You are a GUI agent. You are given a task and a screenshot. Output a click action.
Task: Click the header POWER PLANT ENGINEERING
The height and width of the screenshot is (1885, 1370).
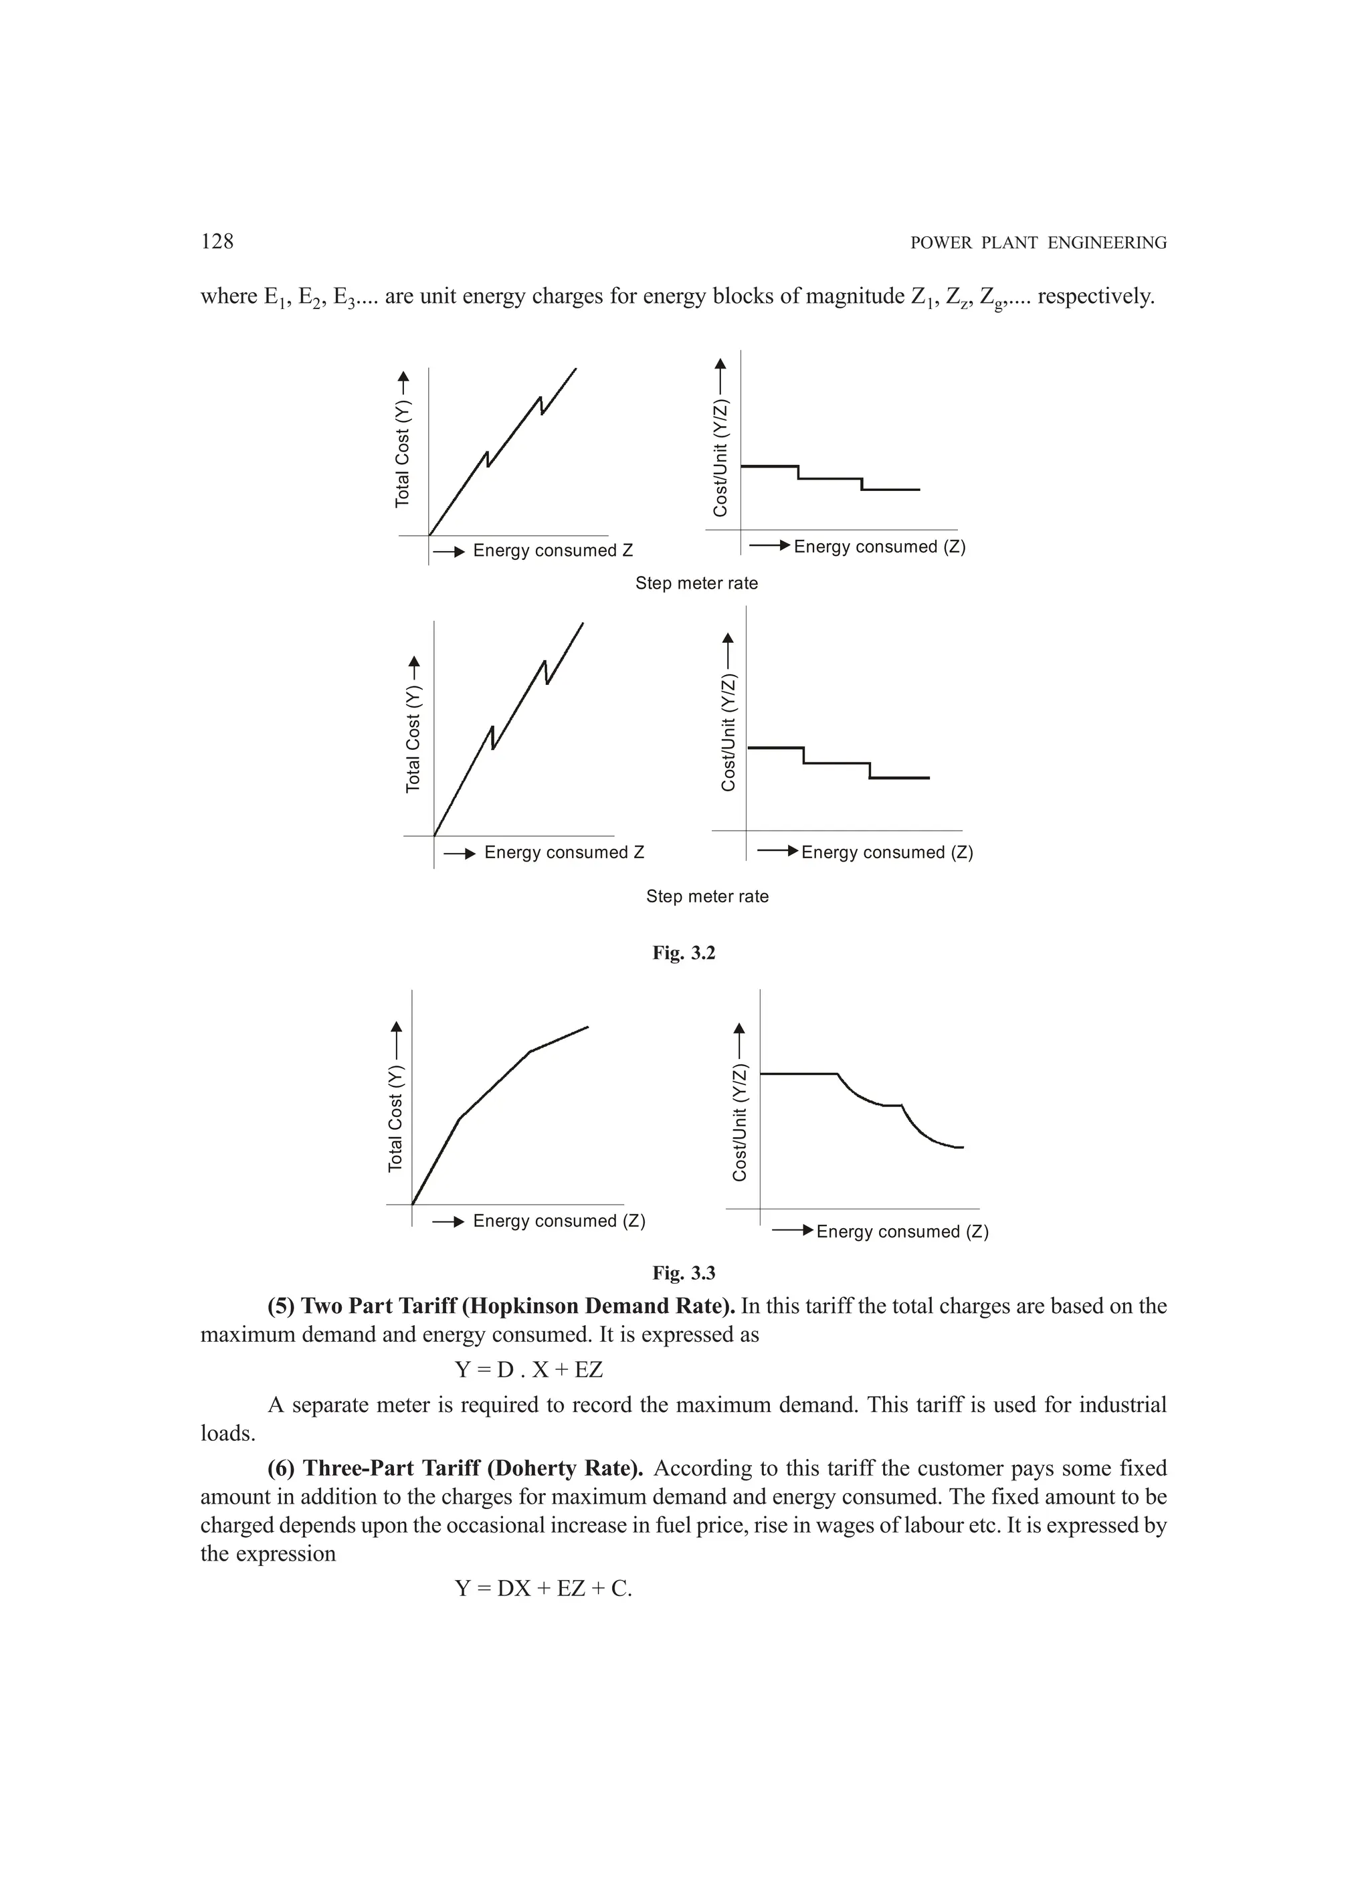pos(1038,243)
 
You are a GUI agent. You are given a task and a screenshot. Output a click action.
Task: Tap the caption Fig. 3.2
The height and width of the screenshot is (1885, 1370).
pos(684,953)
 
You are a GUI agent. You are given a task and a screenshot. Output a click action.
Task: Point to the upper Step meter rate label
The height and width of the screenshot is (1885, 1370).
pos(696,583)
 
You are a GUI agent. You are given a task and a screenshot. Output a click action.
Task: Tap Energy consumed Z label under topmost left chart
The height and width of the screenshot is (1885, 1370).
pos(553,551)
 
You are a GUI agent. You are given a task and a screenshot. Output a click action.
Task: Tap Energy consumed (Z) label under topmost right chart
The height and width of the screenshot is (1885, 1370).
pos(880,547)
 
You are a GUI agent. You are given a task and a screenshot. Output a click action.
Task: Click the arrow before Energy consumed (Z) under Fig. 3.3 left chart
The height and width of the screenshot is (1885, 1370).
pos(448,1221)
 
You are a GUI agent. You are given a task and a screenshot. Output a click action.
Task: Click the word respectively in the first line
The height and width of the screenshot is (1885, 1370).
pos(1095,297)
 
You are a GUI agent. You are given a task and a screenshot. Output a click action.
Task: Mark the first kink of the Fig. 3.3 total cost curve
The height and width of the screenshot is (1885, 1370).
pos(460,1118)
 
